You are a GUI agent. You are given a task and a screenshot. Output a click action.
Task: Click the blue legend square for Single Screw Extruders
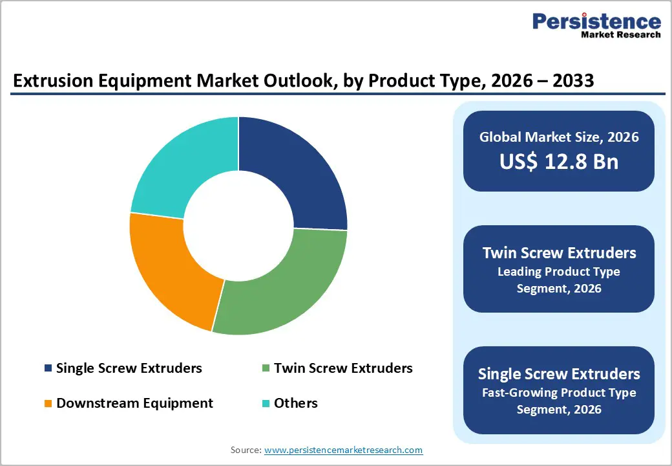[48, 368]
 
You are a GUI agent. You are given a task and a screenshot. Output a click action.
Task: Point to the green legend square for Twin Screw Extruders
[266, 368]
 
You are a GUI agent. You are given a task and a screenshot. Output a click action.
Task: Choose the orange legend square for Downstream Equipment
[48, 403]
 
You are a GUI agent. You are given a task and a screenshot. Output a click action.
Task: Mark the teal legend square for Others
[266, 403]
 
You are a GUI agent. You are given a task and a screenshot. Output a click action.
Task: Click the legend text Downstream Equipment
[134, 403]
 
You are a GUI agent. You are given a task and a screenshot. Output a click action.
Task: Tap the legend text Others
[296, 403]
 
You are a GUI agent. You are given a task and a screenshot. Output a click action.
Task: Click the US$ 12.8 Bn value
[559, 161]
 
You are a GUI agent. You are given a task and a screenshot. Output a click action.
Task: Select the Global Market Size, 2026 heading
[559, 137]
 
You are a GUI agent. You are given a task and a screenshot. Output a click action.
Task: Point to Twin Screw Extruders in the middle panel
[559, 252]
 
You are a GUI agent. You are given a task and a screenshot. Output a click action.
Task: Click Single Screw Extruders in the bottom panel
[559, 373]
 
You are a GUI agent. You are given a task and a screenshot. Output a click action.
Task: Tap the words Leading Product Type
[559, 271]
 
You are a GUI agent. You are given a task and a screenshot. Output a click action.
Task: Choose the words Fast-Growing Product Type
[559, 392]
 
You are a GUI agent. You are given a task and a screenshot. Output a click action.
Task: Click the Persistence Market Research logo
[596, 26]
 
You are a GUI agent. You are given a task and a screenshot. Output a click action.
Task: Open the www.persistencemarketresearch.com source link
[343, 449]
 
